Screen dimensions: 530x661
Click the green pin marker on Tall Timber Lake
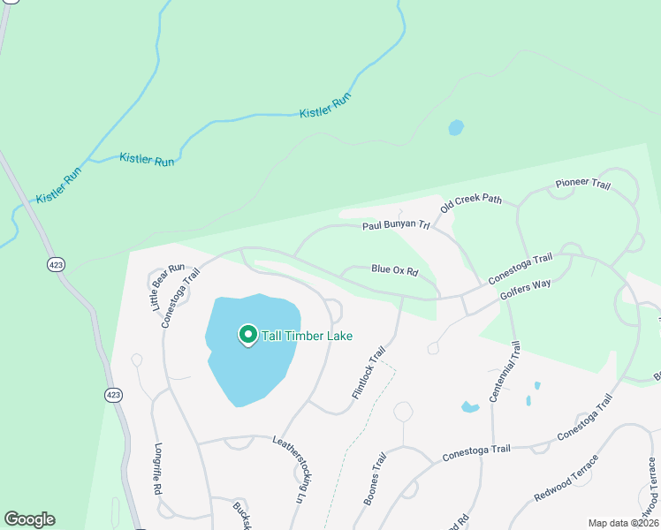click(x=247, y=335)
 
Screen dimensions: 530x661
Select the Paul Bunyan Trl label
click(x=395, y=226)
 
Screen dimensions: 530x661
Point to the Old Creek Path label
click(x=471, y=201)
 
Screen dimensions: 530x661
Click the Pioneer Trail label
click(x=582, y=184)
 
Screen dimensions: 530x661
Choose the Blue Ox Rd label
click(x=394, y=269)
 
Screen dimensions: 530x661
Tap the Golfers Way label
click(x=525, y=291)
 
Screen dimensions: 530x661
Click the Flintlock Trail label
click(x=369, y=371)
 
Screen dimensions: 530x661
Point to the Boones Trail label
click(x=376, y=479)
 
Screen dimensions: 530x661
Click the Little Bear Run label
click(x=166, y=286)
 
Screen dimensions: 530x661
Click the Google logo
click(x=29, y=519)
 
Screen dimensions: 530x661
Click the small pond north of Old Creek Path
click(x=456, y=128)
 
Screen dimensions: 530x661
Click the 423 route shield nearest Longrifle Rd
click(x=112, y=393)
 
